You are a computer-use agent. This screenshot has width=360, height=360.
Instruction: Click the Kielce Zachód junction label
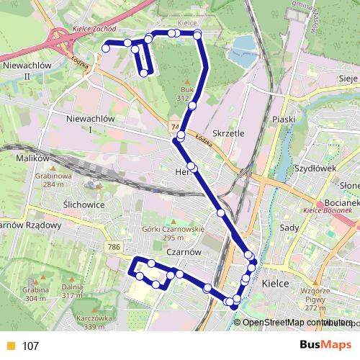point(94,32)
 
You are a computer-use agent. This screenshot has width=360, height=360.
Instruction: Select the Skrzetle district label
point(230,133)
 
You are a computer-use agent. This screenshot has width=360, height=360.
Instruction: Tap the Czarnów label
point(182,252)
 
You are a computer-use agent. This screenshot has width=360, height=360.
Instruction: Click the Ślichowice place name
point(84,204)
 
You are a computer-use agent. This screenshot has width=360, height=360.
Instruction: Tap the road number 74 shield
point(175,127)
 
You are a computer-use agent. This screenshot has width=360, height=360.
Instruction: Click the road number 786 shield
point(114,247)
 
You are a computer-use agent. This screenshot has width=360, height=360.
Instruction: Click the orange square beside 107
point(9,346)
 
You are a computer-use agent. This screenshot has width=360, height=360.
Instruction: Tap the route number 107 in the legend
point(30,346)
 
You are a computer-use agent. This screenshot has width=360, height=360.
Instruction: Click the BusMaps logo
point(325,345)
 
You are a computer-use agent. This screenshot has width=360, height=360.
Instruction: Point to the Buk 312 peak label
point(186,92)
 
